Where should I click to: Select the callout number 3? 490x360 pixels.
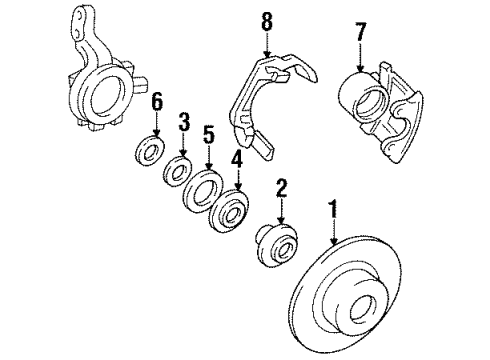point(183,123)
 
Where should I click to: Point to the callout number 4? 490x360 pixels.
point(237,157)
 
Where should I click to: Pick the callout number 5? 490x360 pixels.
point(209,132)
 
